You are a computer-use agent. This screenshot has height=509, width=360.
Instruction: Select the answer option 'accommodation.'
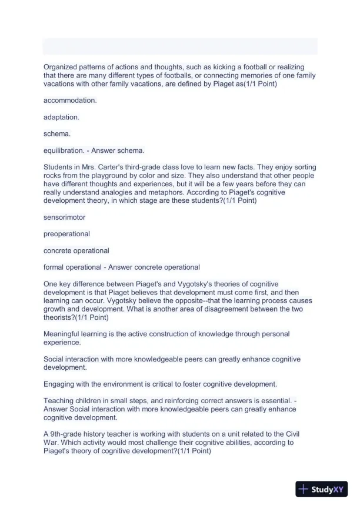70,101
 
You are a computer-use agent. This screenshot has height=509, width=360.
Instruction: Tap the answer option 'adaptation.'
61,117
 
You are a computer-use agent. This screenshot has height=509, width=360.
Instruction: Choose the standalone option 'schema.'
57,133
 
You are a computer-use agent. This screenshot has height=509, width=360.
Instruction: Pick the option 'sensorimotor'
65,217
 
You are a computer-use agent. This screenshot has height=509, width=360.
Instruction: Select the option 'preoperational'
67,233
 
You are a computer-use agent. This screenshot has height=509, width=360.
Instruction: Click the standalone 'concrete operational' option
76,250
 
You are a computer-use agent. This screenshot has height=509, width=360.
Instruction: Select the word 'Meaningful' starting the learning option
62,334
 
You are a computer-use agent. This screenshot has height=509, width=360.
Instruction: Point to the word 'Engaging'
59,384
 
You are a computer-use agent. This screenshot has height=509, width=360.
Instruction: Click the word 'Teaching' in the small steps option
59,401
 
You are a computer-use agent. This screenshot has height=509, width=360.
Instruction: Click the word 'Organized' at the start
61,67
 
